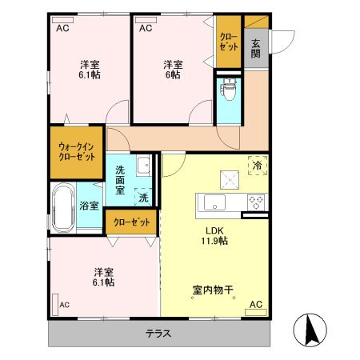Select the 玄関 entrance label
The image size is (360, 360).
click(x=256, y=49)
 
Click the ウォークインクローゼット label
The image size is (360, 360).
click(x=76, y=152)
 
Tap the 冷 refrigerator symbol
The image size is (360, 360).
click(x=258, y=164)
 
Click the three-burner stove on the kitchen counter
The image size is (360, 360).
click(x=257, y=201)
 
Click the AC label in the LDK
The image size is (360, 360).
click(x=256, y=305)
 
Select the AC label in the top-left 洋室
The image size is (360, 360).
click(x=62, y=28)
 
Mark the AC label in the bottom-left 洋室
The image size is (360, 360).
click(x=63, y=305)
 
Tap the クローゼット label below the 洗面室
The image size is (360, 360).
click(x=131, y=222)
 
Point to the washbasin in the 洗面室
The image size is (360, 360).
click(x=143, y=166)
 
